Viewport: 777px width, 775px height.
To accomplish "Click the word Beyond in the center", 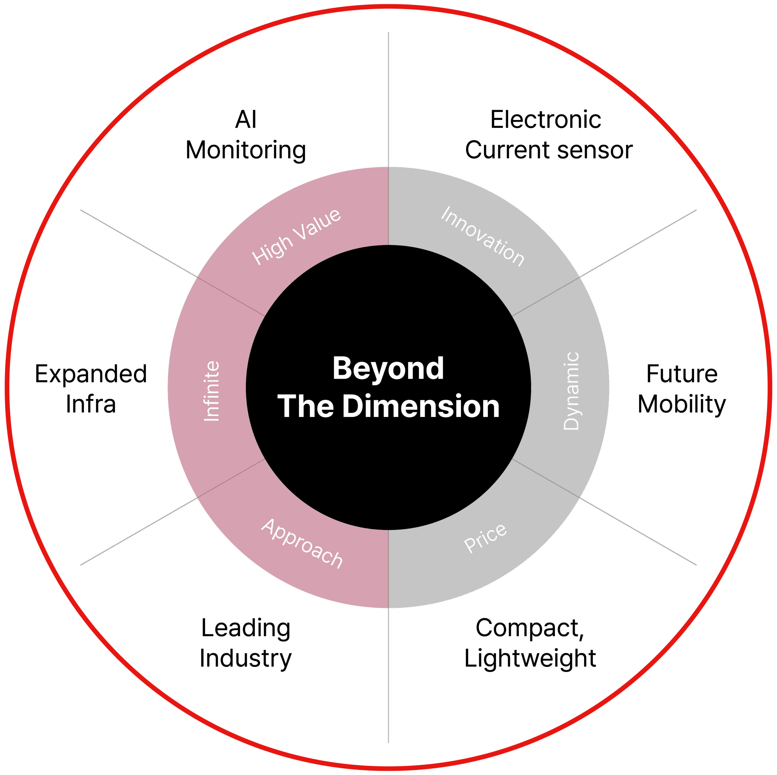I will coord(388,369).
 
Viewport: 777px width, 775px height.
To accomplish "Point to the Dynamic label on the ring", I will coord(571,391).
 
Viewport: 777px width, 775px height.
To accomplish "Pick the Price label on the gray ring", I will coord(485,538).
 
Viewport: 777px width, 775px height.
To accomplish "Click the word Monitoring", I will coord(246,151).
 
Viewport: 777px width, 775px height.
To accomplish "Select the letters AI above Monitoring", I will coord(246,120).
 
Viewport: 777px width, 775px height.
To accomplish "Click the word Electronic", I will coord(545,120).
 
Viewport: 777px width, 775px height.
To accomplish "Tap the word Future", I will coord(682,374).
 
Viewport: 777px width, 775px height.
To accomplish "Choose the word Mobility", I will coord(682,404).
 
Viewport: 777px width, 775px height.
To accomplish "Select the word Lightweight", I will coord(530,659).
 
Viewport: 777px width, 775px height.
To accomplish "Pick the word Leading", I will coord(246,628).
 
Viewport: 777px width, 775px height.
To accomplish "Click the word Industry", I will coord(246,659).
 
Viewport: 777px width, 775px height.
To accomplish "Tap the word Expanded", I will coord(91,374).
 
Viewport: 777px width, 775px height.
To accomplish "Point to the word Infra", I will coord(91,404).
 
